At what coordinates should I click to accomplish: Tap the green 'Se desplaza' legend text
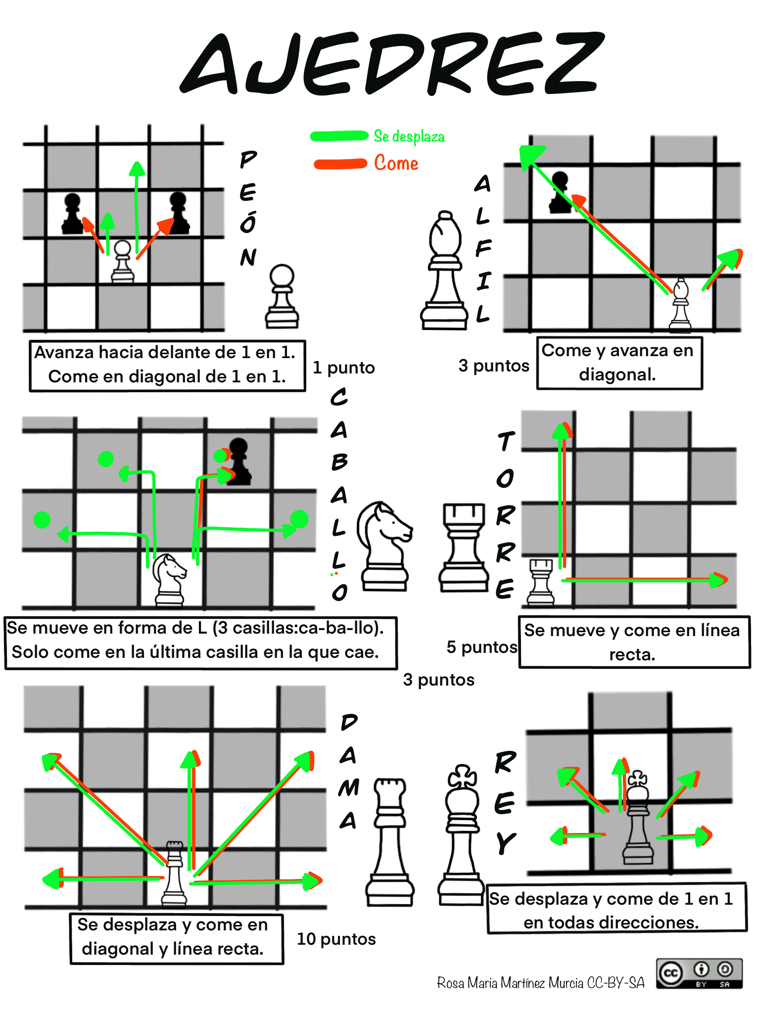tap(409, 137)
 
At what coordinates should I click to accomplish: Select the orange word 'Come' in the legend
tap(396, 163)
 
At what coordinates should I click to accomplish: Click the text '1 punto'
tap(344, 368)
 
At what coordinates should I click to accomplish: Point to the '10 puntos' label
tap(336, 939)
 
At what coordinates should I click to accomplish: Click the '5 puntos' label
tap(482, 647)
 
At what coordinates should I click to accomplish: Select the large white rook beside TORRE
tap(463, 547)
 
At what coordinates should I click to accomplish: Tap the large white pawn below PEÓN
tap(282, 297)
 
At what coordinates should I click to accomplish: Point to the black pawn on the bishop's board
tap(560, 193)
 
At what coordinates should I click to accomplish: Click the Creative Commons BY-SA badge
tap(699, 973)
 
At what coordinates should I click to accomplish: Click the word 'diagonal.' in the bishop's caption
tap(617, 375)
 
